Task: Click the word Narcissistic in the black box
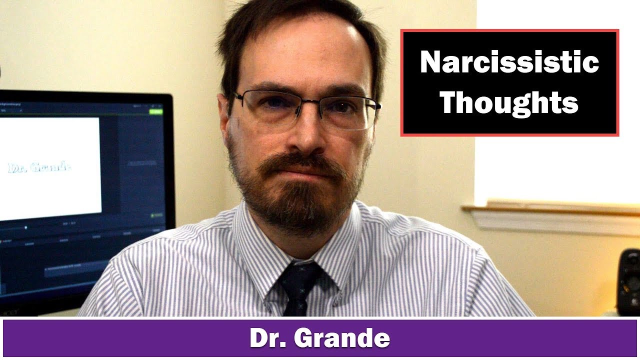[509, 63]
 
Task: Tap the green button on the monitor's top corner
[156, 111]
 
